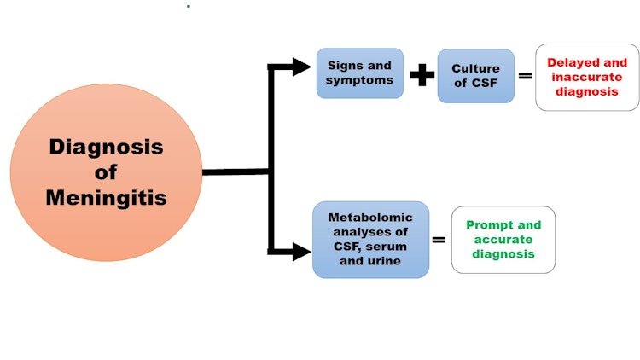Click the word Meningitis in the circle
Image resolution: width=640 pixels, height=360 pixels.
pos(107,197)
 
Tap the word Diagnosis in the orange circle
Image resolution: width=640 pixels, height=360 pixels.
pos(107,147)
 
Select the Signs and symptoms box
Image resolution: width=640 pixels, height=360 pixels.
pos(359,73)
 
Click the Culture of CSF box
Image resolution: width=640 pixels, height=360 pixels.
pos(475,75)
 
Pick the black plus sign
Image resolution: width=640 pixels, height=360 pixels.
pos(422,75)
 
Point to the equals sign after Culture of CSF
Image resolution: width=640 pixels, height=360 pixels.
pos(525,76)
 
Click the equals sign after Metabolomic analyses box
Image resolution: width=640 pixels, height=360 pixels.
pos(439,240)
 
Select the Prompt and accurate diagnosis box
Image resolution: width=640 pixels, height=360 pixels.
pos(503,240)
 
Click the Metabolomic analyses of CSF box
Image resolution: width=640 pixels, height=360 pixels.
pos(370,240)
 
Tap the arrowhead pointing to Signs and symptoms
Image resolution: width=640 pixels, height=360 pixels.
pos(301,67)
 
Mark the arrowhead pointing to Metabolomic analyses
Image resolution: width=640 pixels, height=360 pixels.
pos(301,251)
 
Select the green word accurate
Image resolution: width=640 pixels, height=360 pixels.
pos(503,240)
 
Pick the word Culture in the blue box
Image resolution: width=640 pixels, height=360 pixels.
pos(475,67)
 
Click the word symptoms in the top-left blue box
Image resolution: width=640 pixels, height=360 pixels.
pos(359,80)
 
